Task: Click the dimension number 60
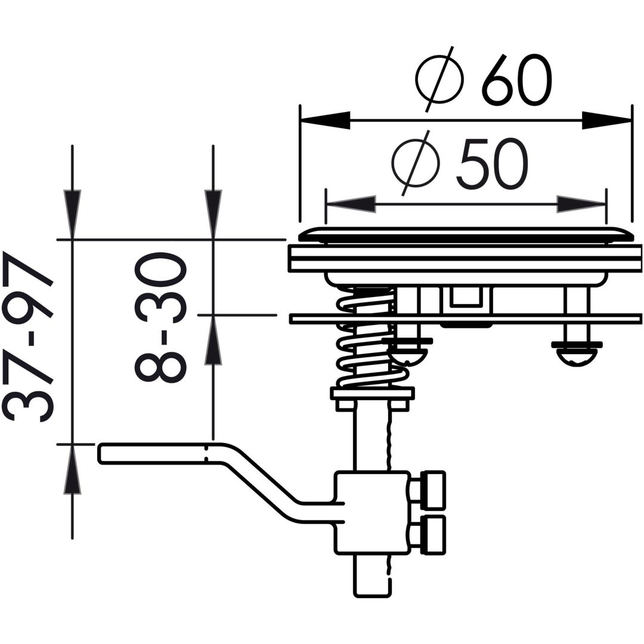tap(516, 79)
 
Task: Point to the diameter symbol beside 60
tap(439, 79)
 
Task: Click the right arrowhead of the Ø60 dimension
tap(606, 120)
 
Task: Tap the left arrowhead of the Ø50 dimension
tap(351, 204)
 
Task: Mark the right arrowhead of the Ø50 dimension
tap(581, 204)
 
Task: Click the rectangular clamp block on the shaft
tap(373, 513)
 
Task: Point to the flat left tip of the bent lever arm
tap(100, 453)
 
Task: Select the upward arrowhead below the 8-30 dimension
tap(213, 340)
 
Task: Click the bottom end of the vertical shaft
tap(371, 596)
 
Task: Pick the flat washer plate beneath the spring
tap(373, 394)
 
